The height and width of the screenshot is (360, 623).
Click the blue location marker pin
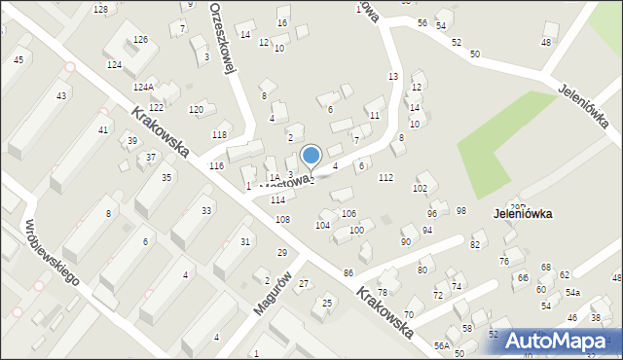click(x=311, y=156)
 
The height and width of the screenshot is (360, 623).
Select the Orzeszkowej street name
click(x=224, y=37)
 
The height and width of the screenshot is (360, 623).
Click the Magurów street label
click(x=274, y=291)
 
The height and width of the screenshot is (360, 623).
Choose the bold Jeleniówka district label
click(x=524, y=213)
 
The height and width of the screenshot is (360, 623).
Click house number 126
click(x=140, y=39)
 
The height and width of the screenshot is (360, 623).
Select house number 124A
click(x=144, y=87)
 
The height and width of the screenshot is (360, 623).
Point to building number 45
click(x=18, y=60)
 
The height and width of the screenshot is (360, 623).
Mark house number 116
click(x=216, y=167)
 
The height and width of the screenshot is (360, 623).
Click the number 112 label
click(x=385, y=177)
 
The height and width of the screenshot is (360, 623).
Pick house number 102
click(x=421, y=188)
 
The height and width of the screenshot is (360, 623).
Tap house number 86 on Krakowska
click(x=348, y=272)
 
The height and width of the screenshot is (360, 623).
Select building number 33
click(x=206, y=210)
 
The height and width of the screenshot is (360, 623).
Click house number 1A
click(x=275, y=177)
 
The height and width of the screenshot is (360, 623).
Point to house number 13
click(x=393, y=76)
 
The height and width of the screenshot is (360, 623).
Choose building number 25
click(x=327, y=303)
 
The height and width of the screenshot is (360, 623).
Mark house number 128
click(x=100, y=9)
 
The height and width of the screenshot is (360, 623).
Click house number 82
click(x=475, y=244)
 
